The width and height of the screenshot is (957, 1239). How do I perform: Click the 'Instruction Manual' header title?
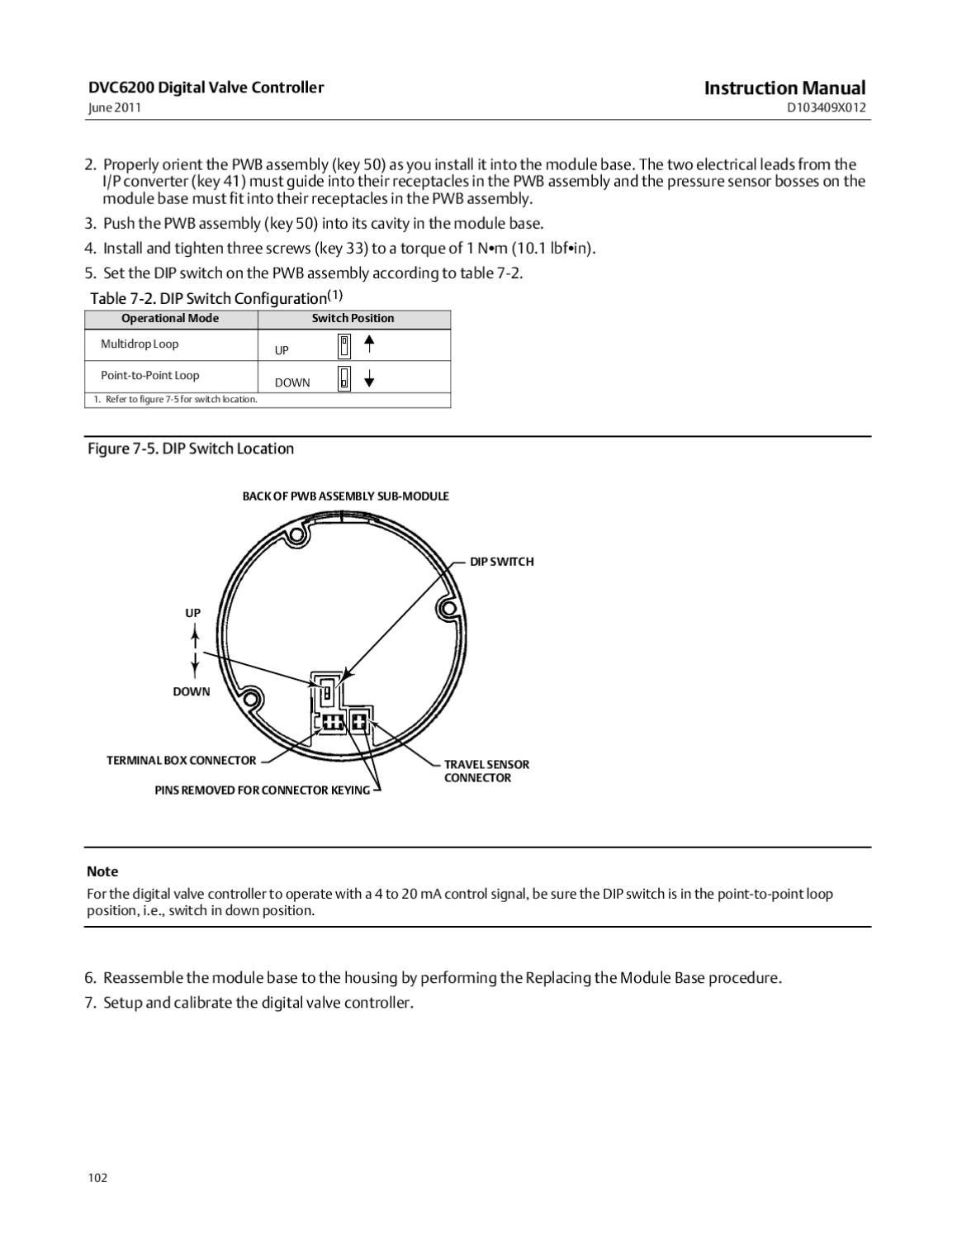(x=784, y=88)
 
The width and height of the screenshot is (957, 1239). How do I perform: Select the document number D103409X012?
(x=826, y=107)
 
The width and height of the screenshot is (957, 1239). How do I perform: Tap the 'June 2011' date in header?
(x=114, y=107)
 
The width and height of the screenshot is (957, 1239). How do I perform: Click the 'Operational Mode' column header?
(x=170, y=318)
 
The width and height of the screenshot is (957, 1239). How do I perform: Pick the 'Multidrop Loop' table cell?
(x=140, y=344)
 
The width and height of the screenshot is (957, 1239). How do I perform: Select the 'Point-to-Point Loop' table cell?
(x=150, y=375)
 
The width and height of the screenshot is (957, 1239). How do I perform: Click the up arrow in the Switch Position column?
(x=369, y=342)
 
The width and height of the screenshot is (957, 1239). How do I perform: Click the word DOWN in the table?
(x=292, y=382)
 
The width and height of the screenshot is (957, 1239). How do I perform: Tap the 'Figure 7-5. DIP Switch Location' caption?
(x=191, y=449)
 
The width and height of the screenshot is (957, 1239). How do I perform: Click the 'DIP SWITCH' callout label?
(x=502, y=562)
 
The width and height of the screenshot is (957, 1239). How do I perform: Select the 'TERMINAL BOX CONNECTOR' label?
(x=181, y=760)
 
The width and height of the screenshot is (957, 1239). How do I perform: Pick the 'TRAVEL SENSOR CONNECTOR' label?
(x=486, y=771)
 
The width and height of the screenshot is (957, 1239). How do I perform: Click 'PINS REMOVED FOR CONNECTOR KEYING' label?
(x=263, y=790)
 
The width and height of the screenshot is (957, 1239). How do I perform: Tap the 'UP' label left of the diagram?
(x=192, y=613)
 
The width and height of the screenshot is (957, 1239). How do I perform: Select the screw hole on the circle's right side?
(x=447, y=609)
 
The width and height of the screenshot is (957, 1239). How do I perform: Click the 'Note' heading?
(x=102, y=871)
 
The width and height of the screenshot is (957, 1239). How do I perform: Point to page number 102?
(x=97, y=1177)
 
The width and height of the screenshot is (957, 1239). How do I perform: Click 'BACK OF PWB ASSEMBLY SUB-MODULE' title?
(x=345, y=496)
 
